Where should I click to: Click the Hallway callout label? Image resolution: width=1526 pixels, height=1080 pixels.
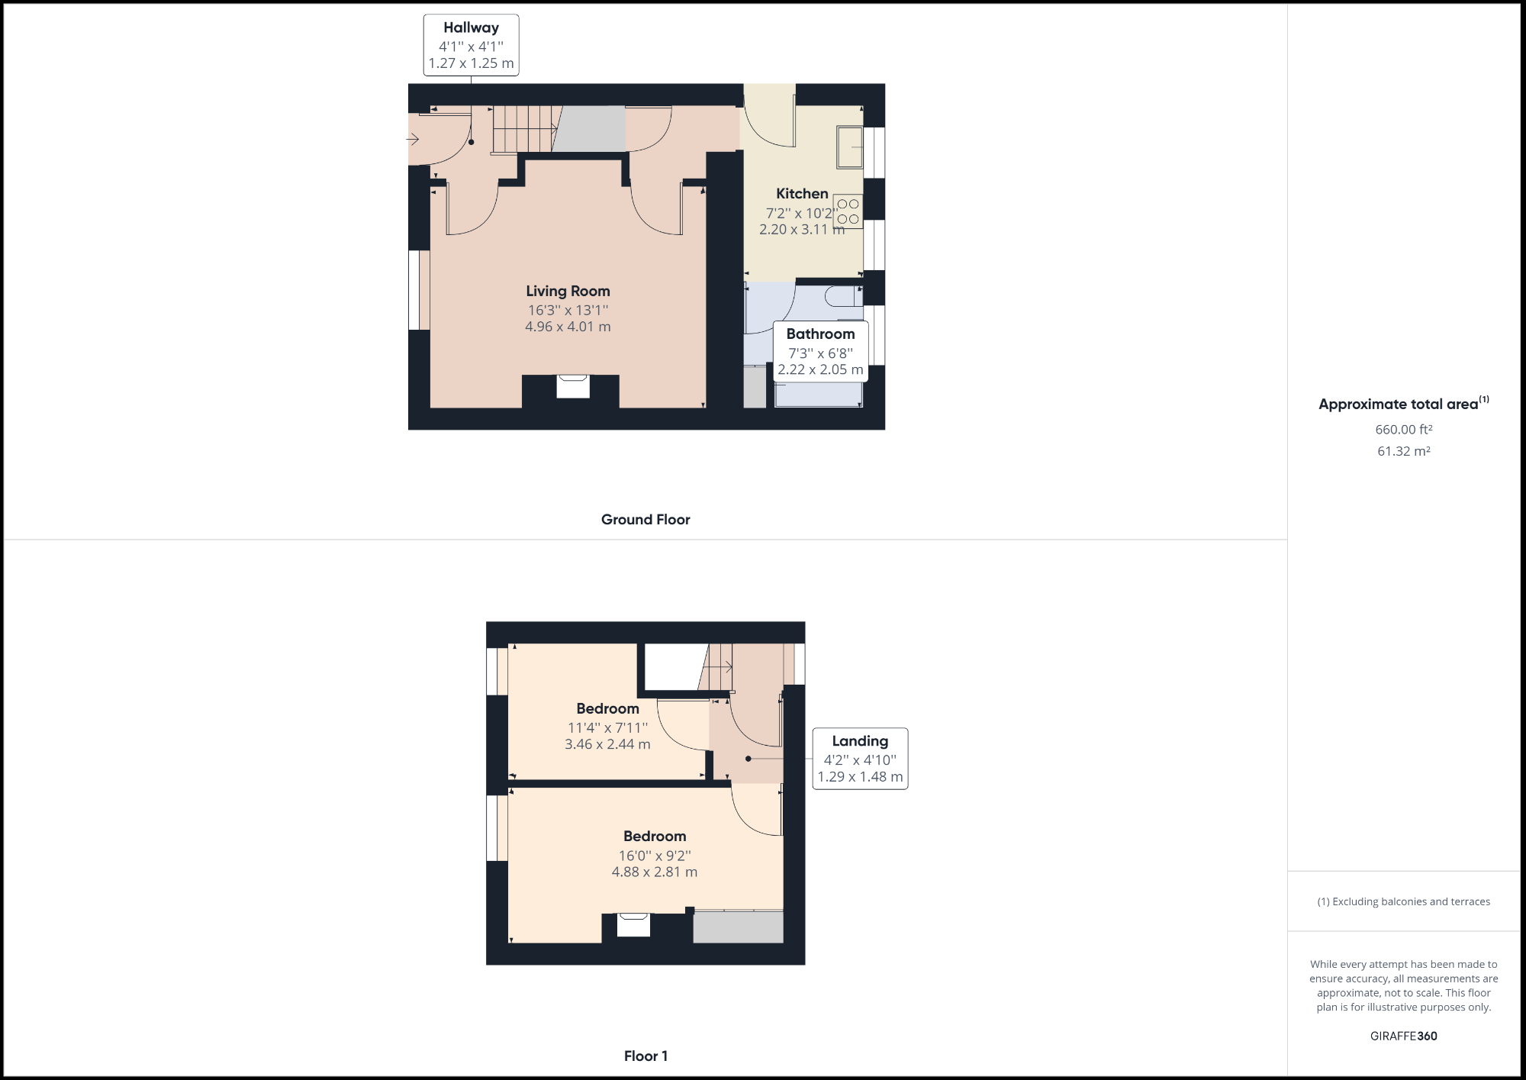tap(471, 45)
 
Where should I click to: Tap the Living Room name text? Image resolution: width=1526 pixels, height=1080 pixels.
tap(568, 291)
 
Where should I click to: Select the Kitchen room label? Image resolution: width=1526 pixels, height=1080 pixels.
tap(802, 194)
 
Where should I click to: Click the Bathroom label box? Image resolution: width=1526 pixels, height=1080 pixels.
tap(820, 352)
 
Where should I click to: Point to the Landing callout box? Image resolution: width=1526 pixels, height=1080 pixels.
tap(860, 759)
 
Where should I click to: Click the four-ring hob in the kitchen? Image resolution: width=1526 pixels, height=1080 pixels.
tap(848, 211)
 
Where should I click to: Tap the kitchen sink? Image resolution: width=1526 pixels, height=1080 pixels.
tap(850, 147)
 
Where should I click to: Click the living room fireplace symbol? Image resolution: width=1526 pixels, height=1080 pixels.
tap(572, 386)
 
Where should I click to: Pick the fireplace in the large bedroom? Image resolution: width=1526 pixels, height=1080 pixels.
tap(633, 924)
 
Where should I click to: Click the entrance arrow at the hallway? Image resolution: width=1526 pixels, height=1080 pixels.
tap(413, 139)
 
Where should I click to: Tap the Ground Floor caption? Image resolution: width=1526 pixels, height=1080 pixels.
tap(645, 520)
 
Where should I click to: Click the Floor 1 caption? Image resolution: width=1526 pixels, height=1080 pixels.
tap(645, 1056)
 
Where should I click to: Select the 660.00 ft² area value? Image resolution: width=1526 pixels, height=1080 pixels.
tap(1403, 430)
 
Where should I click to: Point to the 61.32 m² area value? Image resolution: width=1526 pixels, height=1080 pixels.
tap(1403, 451)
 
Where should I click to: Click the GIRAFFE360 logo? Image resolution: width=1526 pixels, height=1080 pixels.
tap(1403, 1036)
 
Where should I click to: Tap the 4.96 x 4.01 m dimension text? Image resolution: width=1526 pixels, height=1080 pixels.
tap(568, 327)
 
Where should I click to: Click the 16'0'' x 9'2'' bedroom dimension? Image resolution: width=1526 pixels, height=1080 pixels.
tap(655, 856)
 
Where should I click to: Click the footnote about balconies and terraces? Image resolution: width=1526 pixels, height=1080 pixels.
tap(1403, 901)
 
